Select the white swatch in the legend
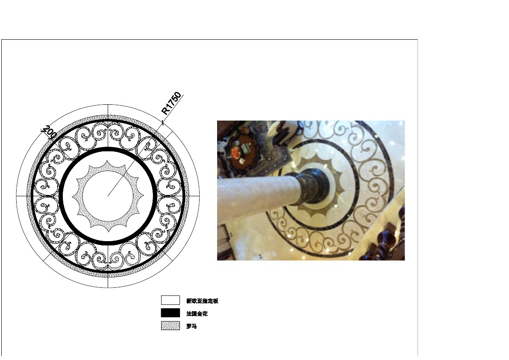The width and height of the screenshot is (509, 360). point(171,300)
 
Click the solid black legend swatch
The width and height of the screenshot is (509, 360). point(171,313)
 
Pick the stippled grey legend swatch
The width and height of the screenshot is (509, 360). point(171,326)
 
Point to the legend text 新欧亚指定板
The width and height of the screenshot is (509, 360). point(202,301)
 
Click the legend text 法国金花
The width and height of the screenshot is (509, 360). point(197,313)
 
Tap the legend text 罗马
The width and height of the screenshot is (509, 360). point(191,326)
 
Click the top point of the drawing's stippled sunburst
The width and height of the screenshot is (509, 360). point(108,160)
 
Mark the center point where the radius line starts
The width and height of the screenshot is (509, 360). point(108,196)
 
